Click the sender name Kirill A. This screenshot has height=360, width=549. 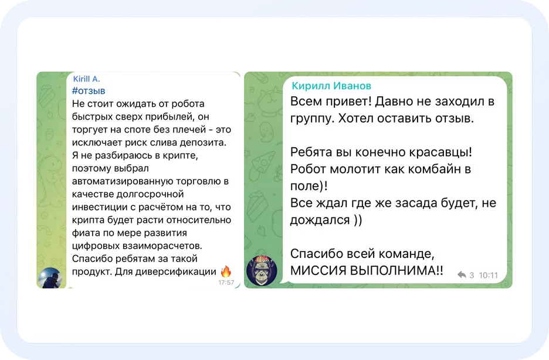click(x=87, y=79)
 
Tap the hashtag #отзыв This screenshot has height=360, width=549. click(x=89, y=91)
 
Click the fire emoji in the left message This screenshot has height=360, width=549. click(x=226, y=271)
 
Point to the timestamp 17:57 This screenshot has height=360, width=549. click(x=226, y=283)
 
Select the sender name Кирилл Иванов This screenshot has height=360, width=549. click(x=331, y=86)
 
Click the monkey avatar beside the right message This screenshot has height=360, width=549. click(x=262, y=270)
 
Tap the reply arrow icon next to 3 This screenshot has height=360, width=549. click(x=462, y=274)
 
